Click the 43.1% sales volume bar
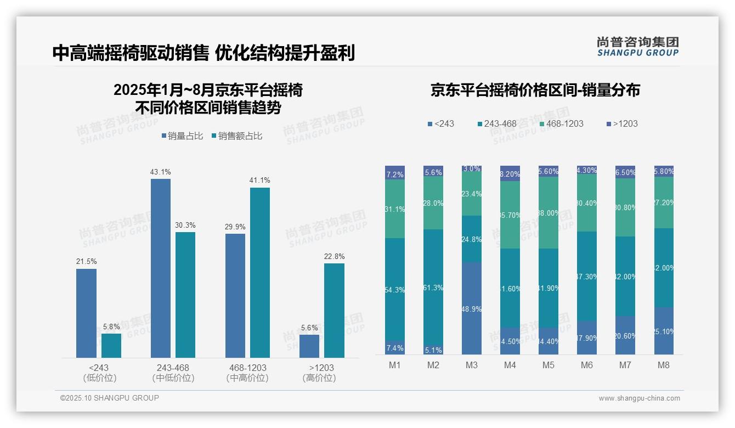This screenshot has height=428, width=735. pyautogui.click(x=161, y=268)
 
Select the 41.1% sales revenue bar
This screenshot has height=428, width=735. pyautogui.click(x=260, y=273)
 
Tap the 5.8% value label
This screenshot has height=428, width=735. pyautogui.click(x=111, y=326)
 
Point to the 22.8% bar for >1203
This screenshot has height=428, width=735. pyautogui.click(x=334, y=311)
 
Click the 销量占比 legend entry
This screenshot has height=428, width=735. pyautogui.click(x=182, y=136)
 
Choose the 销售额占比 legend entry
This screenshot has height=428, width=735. pyautogui.click(x=236, y=136)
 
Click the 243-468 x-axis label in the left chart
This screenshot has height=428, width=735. pyautogui.click(x=173, y=368)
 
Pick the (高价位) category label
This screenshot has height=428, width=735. pyautogui.click(x=319, y=378)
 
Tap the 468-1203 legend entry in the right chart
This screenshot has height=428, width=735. pyautogui.click(x=561, y=123)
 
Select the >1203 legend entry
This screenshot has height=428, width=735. pyautogui.click(x=621, y=123)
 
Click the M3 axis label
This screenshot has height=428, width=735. pyautogui.click(x=471, y=365)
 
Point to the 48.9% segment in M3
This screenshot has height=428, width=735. pyautogui.click(x=472, y=308)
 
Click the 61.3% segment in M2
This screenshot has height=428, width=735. pyautogui.click(x=433, y=287)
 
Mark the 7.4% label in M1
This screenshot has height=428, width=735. pyautogui.click(x=395, y=348)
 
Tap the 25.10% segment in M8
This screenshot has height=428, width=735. pyautogui.click(x=664, y=331)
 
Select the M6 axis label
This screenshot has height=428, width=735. pyautogui.click(x=587, y=365)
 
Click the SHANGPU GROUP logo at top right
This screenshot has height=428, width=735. pyautogui.click(x=637, y=46)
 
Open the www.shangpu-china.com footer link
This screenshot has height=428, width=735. pyautogui.click(x=639, y=398)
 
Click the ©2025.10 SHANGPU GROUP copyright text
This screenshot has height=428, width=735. pyautogui.click(x=110, y=398)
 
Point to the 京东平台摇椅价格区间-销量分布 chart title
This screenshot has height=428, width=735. pyautogui.click(x=535, y=91)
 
